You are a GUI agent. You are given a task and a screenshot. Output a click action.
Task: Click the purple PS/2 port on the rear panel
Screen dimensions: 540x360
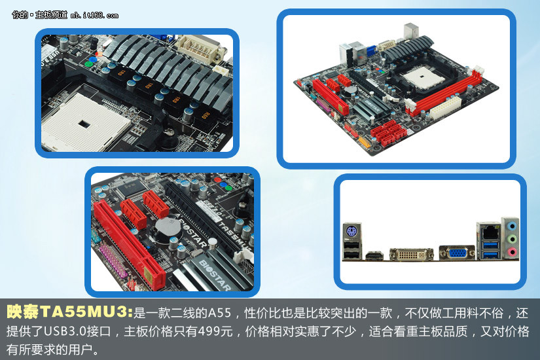click(x=352, y=231)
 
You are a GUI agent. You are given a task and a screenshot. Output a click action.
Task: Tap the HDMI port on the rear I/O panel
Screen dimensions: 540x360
click(x=374, y=256)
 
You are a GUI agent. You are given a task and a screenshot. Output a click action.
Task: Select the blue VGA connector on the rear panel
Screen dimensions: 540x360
click(x=457, y=253)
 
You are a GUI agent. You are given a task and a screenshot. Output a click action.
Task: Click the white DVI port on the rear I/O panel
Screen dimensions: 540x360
click(x=412, y=254)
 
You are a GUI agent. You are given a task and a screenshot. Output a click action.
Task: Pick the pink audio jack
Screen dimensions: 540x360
click(x=513, y=252)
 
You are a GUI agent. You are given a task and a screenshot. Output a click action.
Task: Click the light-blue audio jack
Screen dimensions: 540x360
click(x=513, y=226)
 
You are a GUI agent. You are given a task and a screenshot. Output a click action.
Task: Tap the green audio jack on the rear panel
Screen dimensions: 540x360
click(x=513, y=239)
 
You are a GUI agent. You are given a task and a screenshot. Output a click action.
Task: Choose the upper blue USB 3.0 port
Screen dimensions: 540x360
click(x=490, y=245)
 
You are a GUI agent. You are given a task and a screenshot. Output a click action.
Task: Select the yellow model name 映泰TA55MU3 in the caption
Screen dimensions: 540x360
click(x=69, y=312)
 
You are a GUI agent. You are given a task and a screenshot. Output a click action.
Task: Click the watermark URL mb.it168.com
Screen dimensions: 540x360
click(x=94, y=16)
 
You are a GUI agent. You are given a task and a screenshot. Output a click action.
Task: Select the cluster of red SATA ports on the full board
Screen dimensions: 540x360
click(x=389, y=133)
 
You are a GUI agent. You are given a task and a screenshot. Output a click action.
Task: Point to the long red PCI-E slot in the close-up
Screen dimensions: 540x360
click(x=130, y=243)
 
